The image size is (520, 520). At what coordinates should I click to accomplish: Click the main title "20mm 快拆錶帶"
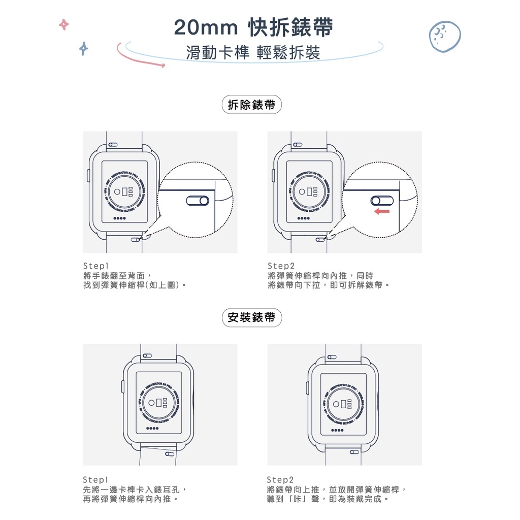point(253,28)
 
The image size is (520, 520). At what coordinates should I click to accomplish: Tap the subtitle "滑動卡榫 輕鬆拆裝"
point(253,53)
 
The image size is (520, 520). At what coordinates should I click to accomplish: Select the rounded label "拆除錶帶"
point(252,105)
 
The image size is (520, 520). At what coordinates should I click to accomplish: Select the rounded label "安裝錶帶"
point(252,317)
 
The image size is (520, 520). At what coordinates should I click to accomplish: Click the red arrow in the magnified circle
point(382,211)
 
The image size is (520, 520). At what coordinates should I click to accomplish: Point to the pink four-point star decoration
point(63,24)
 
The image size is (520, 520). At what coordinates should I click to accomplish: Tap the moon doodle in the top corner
point(445,36)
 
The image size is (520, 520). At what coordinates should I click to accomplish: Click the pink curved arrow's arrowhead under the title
point(162,65)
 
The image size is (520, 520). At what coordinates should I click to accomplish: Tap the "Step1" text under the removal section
point(96,266)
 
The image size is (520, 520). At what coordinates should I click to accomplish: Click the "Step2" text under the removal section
point(281,266)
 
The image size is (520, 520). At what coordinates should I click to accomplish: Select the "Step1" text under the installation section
point(96,480)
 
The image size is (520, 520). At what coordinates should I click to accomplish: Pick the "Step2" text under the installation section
point(280,480)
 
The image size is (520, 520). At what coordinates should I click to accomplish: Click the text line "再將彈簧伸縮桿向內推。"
point(131,499)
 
